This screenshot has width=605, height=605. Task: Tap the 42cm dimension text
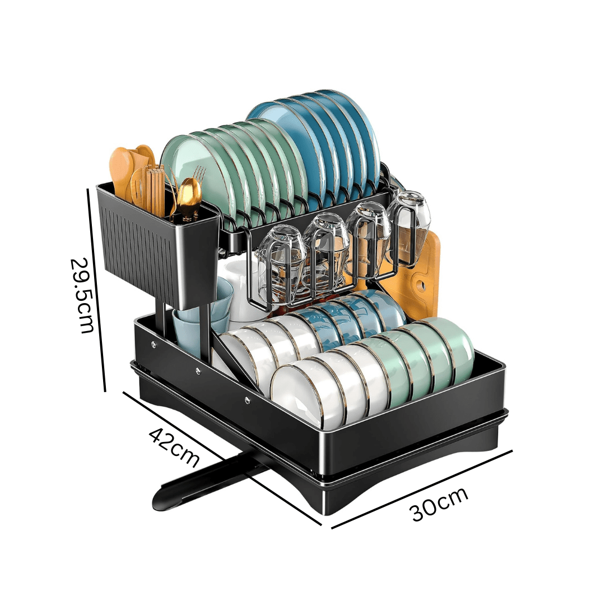[174, 446]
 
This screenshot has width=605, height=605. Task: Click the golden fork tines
[199, 174]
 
